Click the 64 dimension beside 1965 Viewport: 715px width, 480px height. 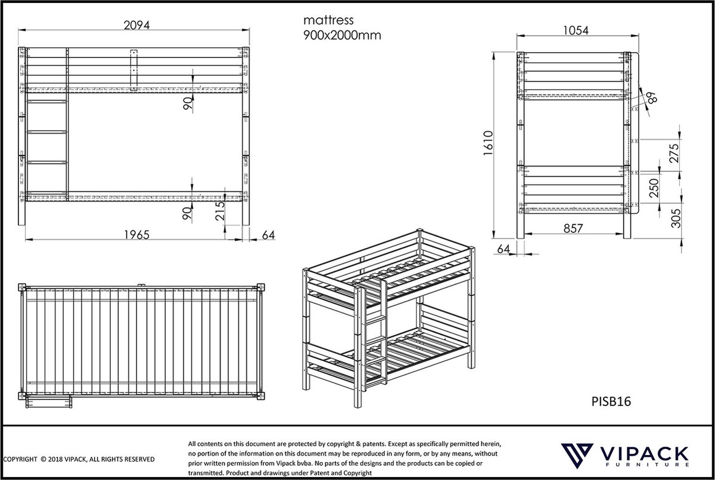click(268, 234)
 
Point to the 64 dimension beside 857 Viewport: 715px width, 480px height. click(503, 248)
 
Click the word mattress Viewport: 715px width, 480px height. click(328, 21)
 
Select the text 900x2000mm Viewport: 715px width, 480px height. click(341, 35)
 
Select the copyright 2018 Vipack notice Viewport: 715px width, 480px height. click(79, 459)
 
